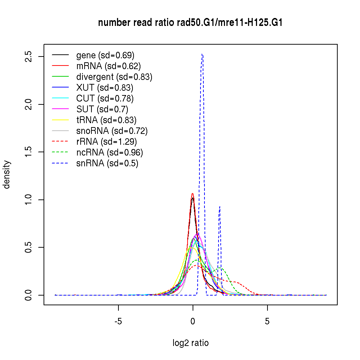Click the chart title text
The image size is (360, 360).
[190, 23]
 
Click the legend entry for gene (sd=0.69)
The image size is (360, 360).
[105, 55]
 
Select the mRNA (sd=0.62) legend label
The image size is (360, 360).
[108, 66]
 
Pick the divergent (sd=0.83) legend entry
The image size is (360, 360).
[114, 77]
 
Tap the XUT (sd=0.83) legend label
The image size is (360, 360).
[105, 87]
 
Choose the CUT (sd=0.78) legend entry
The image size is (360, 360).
[105, 98]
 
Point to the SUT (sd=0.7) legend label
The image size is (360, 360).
[102, 109]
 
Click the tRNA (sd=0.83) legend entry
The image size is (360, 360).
[106, 120]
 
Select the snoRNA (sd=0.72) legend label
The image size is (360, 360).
[112, 131]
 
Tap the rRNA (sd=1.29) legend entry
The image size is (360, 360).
[107, 141]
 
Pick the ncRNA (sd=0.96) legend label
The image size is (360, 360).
[109, 152]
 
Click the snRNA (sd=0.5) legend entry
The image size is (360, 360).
[107, 163]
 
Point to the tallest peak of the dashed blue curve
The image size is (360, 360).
[202, 54]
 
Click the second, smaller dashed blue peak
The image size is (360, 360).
[220, 207]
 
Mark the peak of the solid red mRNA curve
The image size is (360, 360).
[193, 194]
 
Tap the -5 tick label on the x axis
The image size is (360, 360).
[118, 321]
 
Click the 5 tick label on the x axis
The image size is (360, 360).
[267, 321]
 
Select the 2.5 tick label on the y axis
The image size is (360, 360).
[29, 57]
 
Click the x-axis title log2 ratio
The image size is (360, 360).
[190, 343]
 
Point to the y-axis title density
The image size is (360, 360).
[6, 174]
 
